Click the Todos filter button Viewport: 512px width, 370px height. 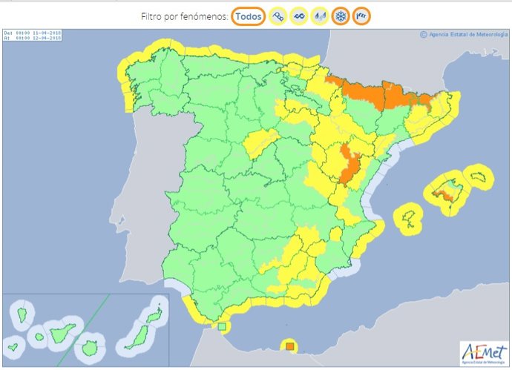tap(249, 16)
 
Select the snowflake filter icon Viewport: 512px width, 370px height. tap(341, 16)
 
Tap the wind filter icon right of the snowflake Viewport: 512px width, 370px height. tap(361, 16)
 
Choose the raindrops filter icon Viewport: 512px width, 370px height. tap(320, 16)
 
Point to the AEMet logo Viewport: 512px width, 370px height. tap(482, 351)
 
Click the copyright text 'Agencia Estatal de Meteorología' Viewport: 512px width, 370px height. tap(465, 33)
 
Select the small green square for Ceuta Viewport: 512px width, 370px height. tap(220, 326)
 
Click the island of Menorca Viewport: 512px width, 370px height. tap(478, 176)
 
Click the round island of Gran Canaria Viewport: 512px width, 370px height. tap(90, 346)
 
